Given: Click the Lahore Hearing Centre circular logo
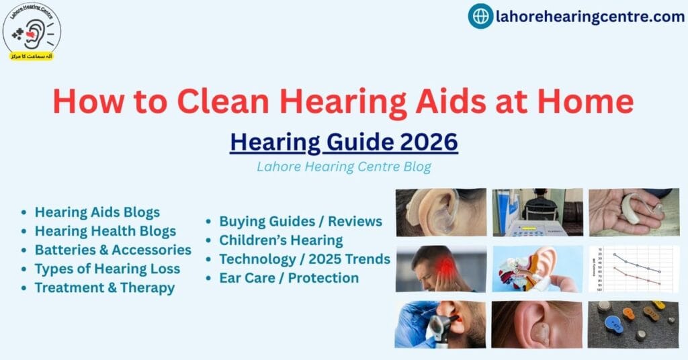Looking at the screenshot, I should coord(32,32).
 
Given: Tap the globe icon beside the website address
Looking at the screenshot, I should coord(480,16).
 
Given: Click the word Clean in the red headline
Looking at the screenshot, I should coord(224,101).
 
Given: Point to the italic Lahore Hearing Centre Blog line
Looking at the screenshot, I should coord(343,167).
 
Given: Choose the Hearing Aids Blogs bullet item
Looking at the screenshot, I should coord(97,212).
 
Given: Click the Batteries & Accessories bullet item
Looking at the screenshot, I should coord(113,250).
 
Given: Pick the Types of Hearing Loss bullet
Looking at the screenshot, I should coord(107,269).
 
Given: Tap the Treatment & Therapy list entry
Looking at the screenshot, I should coord(105,287).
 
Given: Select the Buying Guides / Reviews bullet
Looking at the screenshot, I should coord(300,221).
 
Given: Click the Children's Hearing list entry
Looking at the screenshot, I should coord(281,240).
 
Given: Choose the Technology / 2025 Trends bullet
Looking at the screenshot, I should coord(304,259).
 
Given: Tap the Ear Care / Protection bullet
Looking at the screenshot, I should coord(289,277).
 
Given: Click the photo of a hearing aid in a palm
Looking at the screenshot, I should coord(634,212).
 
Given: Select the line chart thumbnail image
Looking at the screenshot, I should coord(634,269).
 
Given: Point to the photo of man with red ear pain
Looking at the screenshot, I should coord(441,269).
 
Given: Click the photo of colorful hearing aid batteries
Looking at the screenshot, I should coord(634,324).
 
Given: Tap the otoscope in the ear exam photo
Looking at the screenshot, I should coord(439,328).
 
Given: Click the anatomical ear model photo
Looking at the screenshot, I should coord(537,269).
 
